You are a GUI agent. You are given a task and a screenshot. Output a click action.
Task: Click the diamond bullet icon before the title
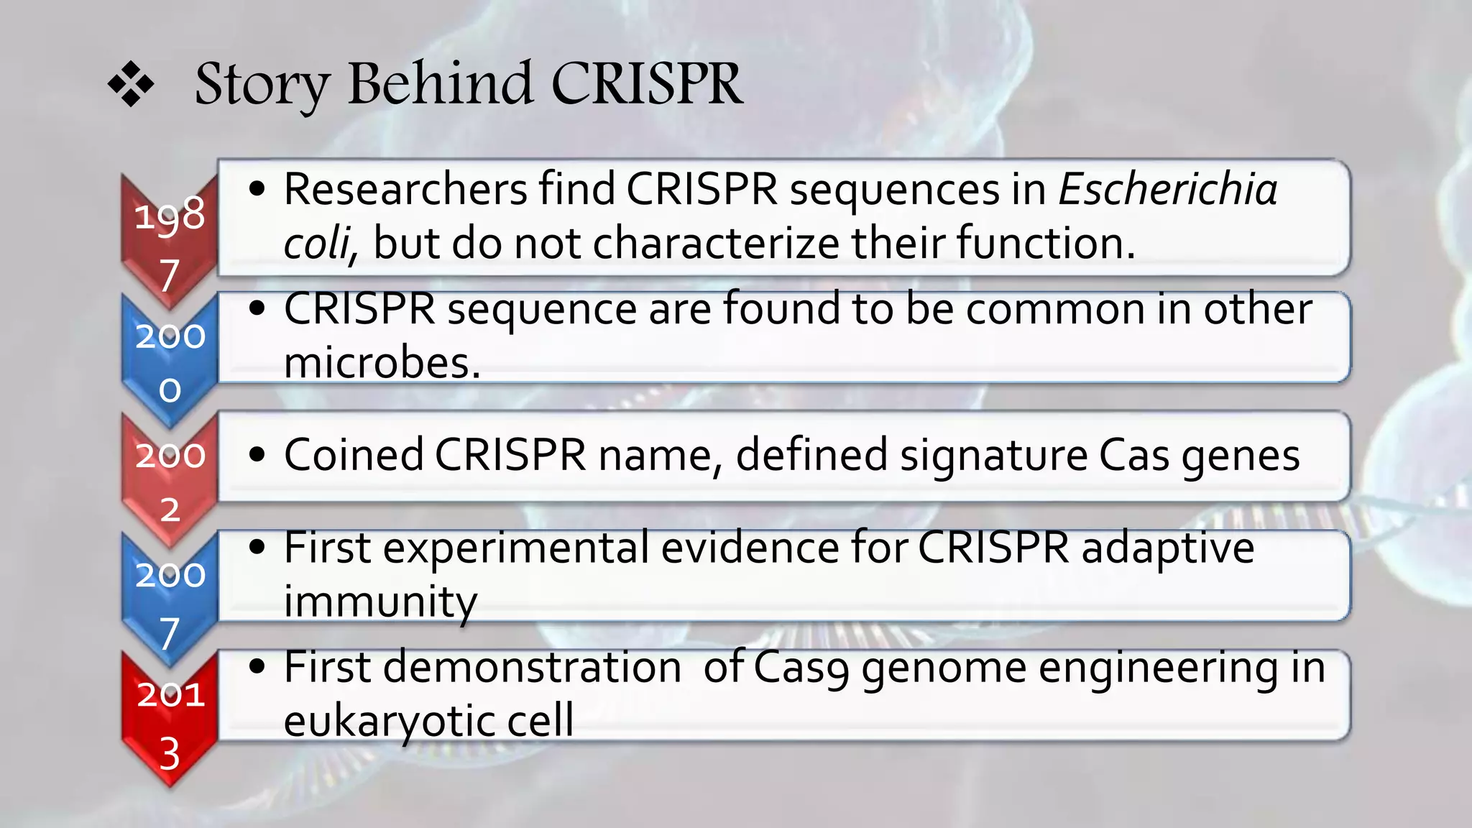pos(131,85)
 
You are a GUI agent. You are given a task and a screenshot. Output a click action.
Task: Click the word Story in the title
pos(262,85)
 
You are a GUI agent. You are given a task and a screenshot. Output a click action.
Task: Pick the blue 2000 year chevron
pos(170,359)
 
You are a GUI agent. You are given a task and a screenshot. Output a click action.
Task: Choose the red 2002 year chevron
pos(170,479)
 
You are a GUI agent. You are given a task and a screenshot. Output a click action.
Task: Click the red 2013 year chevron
pos(170,719)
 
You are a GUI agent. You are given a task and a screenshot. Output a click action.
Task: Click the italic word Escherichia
pos(1168,190)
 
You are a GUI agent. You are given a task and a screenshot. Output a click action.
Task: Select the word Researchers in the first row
pos(405,190)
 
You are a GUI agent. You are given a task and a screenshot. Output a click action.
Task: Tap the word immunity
pos(380,602)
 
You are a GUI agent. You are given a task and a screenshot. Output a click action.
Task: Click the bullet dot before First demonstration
pos(257,667)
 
